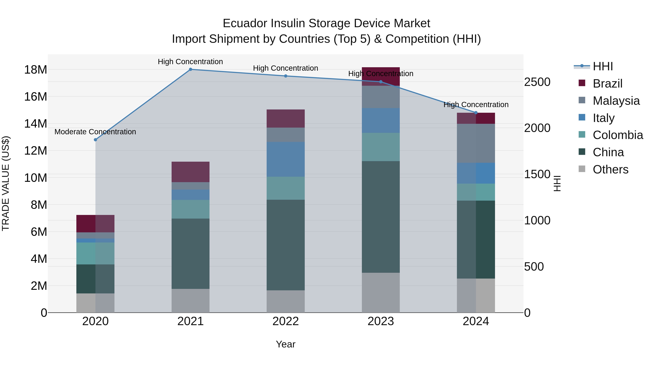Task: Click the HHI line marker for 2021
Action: coord(190,69)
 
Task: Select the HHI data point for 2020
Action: coord(95,140)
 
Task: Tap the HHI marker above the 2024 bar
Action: coord(476,113)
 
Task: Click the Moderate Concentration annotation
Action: coord(95,132)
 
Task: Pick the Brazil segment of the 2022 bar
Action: coord(286,119)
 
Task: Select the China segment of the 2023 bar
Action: coord(381,217)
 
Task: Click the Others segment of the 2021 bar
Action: coord(190,301)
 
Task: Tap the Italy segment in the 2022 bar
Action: coord(286,159)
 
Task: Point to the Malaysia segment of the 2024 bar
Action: coord(476,143)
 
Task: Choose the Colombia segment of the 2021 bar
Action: coord(190,209)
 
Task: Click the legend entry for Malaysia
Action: coord(616,101)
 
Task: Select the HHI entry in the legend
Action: coord(603,66)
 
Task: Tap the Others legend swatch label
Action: coord(610,169)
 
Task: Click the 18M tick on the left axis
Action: coord(36,70)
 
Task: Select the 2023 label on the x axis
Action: coord(381,321)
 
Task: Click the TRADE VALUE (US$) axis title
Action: coord(6,183)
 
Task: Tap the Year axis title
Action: coord(286,344)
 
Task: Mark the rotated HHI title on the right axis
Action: coord(557,183)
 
